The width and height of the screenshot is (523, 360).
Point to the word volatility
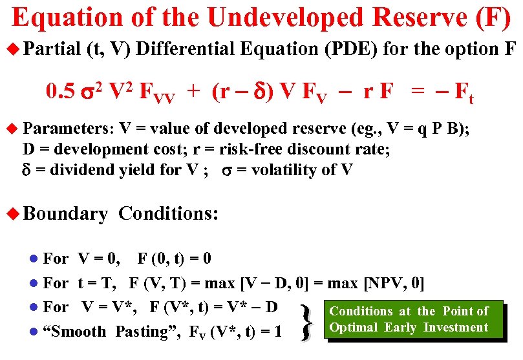[x=288, y=171]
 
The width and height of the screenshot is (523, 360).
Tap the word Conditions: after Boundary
[x=169, y=213]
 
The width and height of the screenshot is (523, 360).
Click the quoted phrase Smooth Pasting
[x=110, y=332]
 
